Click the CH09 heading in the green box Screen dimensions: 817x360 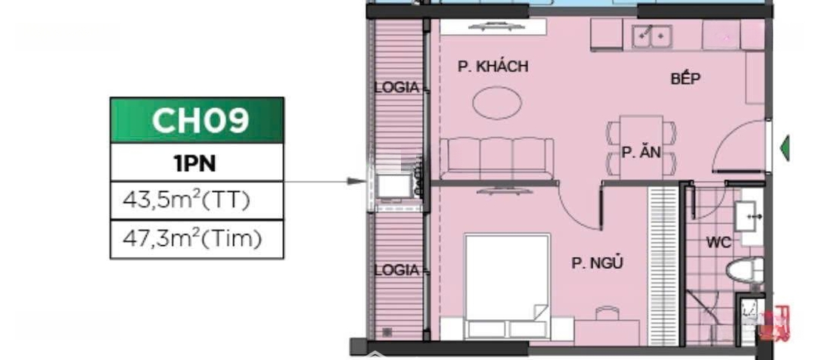tap(200, 120)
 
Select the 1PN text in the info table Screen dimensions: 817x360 tap(195, 163)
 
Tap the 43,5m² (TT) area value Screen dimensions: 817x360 tap(186, 200)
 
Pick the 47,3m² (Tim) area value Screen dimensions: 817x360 tap(191, 239)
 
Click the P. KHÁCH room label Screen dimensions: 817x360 tap(493, 66)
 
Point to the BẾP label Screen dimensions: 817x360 tap(685, 79)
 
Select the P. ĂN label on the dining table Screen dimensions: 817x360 tap(641, 153)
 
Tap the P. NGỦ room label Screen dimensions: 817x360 tap(597, 263)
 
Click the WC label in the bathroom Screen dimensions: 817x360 tap(719, 242)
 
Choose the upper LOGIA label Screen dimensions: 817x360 tap(397, 88)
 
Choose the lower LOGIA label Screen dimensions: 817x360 tap(397, 271)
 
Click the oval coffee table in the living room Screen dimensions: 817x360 tap(497, 103)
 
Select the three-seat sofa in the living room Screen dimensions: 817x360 tap(496, 158)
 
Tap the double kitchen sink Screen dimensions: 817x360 tap(651, 36)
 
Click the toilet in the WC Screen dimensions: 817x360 tap(744, 271)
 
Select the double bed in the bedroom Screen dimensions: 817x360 tap(507, 285)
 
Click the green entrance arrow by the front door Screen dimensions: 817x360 tap(784, 148)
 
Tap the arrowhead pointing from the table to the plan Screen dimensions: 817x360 tap(357, 182)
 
